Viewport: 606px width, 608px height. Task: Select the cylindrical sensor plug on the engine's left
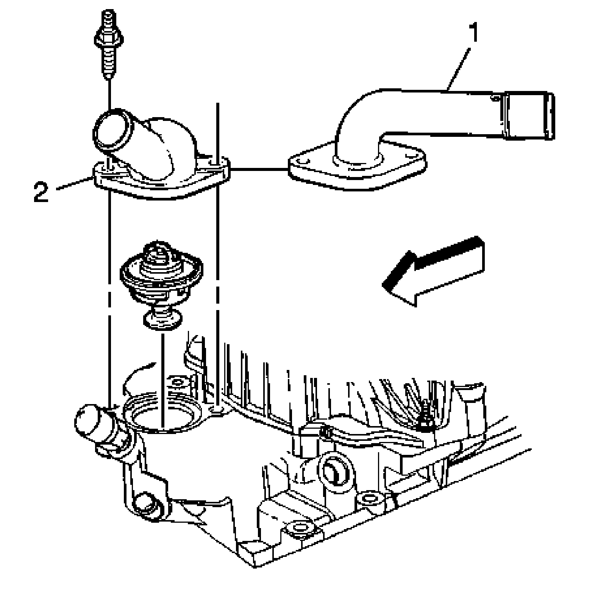[91, 421]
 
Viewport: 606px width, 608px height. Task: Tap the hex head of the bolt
[108, 37]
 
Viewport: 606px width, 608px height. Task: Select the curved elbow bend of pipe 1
[356, 110]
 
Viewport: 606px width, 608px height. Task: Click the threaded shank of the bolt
[109, 63]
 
